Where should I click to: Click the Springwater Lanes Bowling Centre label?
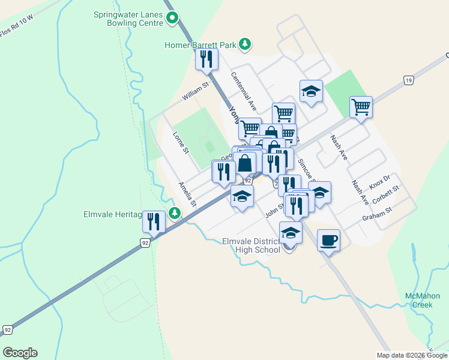(x=128, y=19)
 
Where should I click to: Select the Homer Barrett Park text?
(x=200, y=44)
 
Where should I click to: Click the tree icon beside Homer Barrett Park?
(x=245, y=43)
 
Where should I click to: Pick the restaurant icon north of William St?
(x=206, y=59)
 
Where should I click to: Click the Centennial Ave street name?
(x=245, y=91)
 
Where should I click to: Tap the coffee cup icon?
(x=328, y=240)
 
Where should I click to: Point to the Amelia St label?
(x=187, y=194)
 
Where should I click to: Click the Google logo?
(x=20, y=353)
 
